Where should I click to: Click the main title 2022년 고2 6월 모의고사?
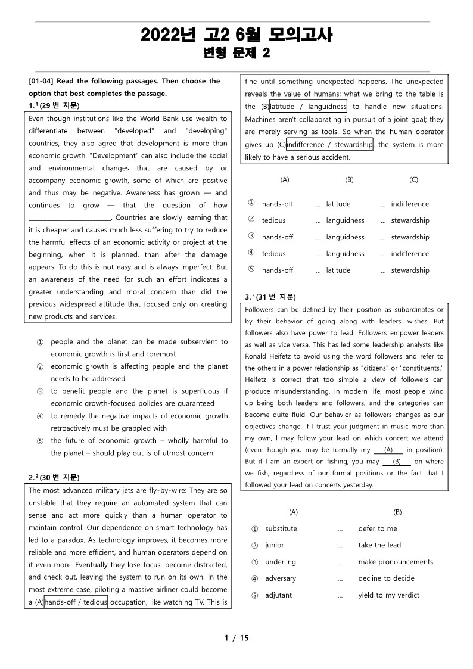pos(236,35)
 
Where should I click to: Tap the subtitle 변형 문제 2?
pos(236,54)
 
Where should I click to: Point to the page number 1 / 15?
pos(236,638)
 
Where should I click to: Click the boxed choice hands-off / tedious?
pos(76,602)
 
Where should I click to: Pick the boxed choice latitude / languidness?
pos(308,107)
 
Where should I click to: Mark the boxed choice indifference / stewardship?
pos(329,144)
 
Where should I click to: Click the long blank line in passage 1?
pos(70,218)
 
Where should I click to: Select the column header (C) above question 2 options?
pos(413,179)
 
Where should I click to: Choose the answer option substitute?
pos(281,528)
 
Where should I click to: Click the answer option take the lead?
pos(379,545)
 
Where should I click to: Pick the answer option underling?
pos(281,562)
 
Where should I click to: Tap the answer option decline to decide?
pos(386,578)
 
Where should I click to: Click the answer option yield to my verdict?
pos(388,595)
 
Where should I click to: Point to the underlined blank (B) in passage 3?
pos(396,462)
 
